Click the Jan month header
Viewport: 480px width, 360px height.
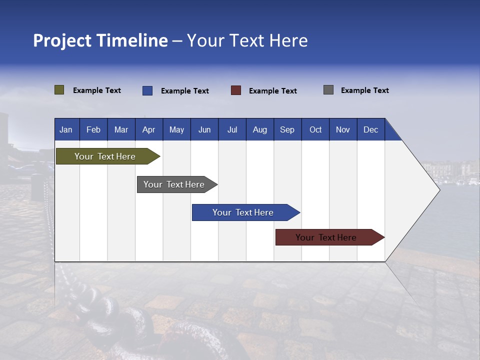(x=66, y=129)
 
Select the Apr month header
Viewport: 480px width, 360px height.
(x=149, y=129)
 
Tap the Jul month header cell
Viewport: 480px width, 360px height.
(x=232, y=129)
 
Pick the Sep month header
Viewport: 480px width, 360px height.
(x=287, y=129)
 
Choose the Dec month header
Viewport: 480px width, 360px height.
(x=370, y=129)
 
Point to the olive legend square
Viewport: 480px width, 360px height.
(x=59, y=90)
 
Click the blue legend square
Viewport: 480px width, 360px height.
(x=147, y=90)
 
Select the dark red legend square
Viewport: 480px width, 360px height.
(x=236, y=90)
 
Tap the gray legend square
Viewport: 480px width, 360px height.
(x=328, y=90)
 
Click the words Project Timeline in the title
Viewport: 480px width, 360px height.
(x=100, y=40)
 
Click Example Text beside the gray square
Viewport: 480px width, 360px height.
(x=364, y=90)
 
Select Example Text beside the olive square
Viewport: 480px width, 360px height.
(x=97, y=90)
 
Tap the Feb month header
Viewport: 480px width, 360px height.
(x=93, y=129)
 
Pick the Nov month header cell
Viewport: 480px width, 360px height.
(x=343, y=129)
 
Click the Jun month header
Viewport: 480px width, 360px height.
(x=204, y=129)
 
